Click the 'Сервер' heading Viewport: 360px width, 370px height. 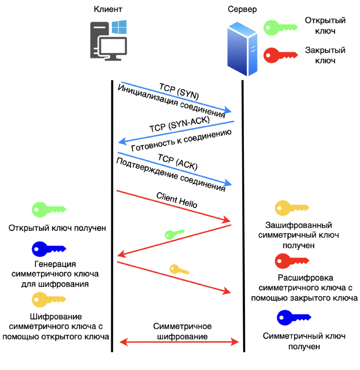coord(242,9)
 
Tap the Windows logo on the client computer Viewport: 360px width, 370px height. coord(119,28)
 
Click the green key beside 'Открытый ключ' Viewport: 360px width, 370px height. coord(280,27)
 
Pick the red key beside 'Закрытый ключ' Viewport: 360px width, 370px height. coord(280,54)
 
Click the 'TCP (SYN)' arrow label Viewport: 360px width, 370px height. coord(179,91)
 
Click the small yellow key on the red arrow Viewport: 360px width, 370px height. coord(179,269)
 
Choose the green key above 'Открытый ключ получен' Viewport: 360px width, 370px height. coord(49,210)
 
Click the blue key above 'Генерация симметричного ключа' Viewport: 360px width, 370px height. coord(49,248)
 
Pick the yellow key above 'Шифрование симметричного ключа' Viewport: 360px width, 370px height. coord(49,299)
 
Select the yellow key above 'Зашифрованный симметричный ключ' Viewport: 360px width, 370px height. coord(291,208)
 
